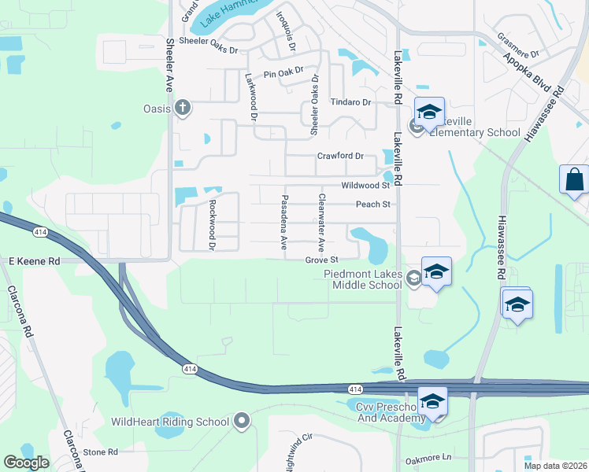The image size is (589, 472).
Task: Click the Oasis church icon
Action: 183,108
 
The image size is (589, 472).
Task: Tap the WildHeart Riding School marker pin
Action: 243,422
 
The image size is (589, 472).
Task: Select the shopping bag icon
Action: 574,179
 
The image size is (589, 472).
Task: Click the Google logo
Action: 27,463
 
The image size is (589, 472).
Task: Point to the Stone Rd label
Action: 100,452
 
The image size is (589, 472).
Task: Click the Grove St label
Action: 322,260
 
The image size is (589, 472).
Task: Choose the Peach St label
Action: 373,205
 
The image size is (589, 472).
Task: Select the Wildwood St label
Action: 365,186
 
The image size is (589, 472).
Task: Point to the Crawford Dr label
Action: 340,156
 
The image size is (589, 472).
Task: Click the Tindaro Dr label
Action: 350,102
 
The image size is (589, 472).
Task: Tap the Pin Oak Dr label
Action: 283,74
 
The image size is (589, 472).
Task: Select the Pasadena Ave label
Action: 284,223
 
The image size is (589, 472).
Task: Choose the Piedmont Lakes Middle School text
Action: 362,279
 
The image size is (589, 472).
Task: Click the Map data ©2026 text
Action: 555,466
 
